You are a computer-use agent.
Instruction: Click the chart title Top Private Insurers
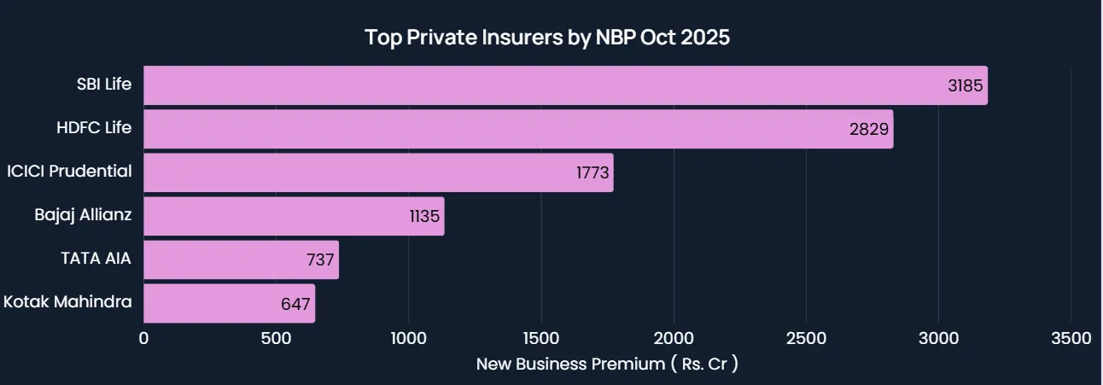547,38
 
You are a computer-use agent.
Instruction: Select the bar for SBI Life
565,85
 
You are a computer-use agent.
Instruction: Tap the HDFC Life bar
518,129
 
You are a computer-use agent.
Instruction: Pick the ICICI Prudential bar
378,172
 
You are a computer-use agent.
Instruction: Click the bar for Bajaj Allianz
294,216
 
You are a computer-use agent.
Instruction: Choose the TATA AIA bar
241,260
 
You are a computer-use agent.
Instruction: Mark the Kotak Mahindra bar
229,303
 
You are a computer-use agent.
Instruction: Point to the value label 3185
966,86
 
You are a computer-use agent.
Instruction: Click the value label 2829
871,130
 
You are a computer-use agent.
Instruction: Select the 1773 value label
592,173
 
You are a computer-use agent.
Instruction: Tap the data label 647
295,304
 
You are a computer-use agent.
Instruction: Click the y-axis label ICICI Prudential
69,172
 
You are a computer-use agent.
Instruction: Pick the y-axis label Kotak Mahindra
67,301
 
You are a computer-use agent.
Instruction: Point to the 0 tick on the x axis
143,339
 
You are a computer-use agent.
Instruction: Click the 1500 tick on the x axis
541,339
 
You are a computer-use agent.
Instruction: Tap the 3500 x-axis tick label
1071,339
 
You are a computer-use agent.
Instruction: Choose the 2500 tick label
806,339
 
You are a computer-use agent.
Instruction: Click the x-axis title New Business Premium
607,365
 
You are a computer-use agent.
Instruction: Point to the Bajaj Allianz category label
83,214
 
